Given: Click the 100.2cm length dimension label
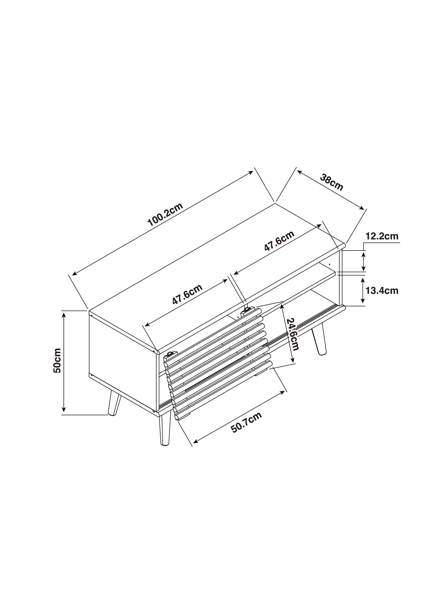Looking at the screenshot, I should click(165, 214).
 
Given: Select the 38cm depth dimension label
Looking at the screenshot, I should click(332, 183).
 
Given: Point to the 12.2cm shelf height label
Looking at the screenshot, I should click(382, 237).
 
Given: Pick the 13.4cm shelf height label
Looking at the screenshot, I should click(382, 291).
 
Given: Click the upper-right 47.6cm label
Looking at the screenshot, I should click(279, 241).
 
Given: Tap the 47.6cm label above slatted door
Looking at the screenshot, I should click(187, 294).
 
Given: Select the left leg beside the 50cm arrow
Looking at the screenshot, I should click(114, 405).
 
